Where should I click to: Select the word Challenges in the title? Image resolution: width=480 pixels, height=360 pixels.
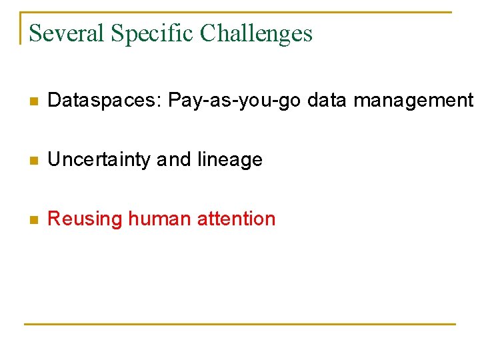[x=257, y=33]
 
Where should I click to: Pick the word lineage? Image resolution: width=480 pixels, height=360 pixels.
[x=230, y=160]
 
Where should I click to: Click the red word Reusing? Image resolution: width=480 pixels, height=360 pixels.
[x=85, y=219]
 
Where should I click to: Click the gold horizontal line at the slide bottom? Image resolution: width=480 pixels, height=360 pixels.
[x=240, y=324]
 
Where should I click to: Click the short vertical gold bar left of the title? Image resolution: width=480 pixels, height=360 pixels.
[x=21, y=28]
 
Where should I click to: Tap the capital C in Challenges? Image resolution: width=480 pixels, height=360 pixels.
[x=208, y=33]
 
